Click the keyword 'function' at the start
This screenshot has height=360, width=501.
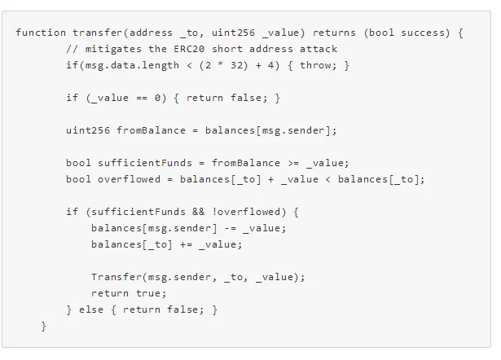(40, 33)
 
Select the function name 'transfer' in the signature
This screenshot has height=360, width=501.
(97, 33)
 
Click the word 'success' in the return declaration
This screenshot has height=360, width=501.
(419, 33)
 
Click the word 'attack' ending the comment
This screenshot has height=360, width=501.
(319, 49)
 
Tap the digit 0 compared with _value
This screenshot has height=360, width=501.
(157, 98)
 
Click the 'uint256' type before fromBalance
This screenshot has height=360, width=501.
(88, 130)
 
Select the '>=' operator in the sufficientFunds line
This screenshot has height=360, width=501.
(293, 163)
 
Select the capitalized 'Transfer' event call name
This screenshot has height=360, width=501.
(116, 277)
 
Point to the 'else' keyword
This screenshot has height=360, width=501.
(91, 310)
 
